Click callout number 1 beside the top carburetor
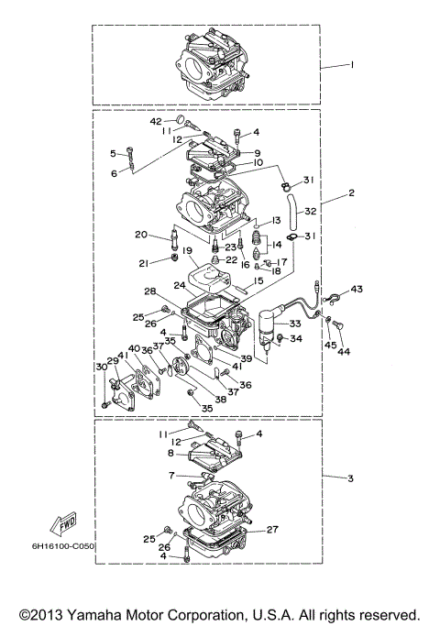tap(351, 66)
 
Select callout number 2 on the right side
tap(351, 194)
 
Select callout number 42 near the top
tap(156, 120)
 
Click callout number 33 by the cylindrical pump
tap(295, 324)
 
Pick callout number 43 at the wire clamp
tap(357, 290)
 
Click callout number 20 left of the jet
tap(140, 235)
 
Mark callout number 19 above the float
tap(185, 250)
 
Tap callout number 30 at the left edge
tap(101, 367)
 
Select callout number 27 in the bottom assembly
tap(271, 530)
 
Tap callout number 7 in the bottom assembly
tap(170, 476)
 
